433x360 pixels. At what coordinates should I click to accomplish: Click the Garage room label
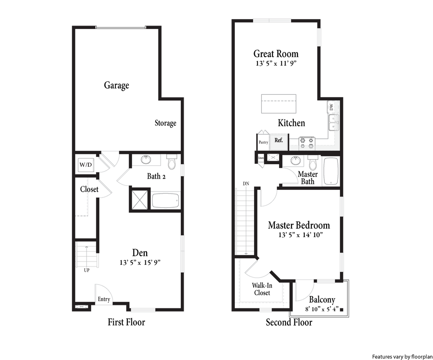(116, 85)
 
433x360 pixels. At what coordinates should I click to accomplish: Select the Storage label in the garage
(165, 123)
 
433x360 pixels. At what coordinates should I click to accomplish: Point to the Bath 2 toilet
(172, 163)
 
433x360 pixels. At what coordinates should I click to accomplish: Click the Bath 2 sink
(146, 160)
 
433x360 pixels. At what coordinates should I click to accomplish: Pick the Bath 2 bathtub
(165, 200)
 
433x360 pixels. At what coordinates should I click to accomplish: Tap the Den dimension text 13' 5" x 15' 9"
(140, 263)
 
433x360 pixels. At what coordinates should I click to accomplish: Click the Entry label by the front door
(104, 299)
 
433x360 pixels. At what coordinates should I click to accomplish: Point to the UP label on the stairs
(87, 270)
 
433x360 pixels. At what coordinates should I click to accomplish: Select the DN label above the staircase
(246, 183)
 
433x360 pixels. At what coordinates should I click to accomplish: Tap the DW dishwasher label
(332, 107)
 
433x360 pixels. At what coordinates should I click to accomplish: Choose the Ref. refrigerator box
(279, 140)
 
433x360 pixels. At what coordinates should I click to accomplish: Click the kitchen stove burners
(307, 142)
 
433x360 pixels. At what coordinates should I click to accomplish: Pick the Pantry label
(263, 142)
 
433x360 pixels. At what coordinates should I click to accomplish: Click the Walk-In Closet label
(262, 289)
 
